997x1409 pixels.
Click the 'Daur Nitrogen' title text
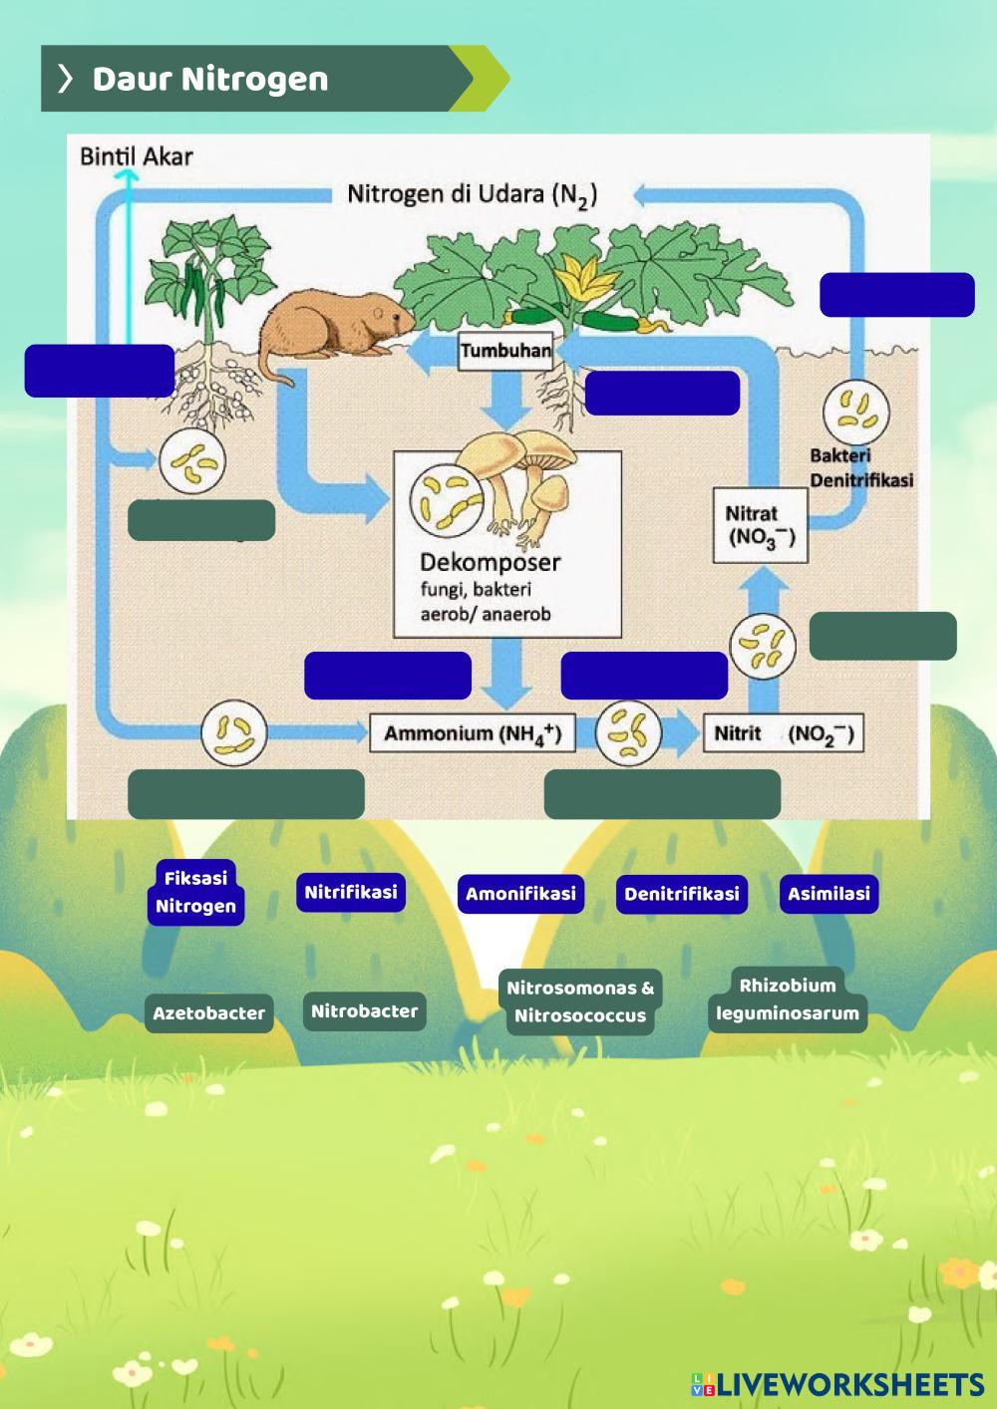pos(210,79)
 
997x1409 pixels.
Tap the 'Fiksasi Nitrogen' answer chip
pos(195,893)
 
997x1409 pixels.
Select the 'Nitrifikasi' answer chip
pos(351,892)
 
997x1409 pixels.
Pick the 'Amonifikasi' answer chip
pos(520,894)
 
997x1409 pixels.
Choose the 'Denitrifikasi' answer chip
pos(682,894)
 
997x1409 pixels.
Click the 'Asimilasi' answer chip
pos(829,894)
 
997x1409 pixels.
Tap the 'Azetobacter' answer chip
pos(208,1013)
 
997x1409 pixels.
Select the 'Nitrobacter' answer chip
pos(364,1011)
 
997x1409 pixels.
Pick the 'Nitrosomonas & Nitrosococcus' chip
pos(579,1002)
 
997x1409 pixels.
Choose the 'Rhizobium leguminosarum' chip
pos(788,999)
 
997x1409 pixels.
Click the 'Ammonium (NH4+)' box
pos(473,734)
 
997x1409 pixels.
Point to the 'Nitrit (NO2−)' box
pos(783,734)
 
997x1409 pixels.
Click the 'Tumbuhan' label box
pos(505,351)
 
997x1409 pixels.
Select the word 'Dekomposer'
pos(490,561)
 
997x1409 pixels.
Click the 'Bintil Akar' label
pos(136,156)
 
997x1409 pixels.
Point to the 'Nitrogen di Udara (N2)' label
pos(472,194)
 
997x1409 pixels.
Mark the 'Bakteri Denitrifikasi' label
pos(861,467)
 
